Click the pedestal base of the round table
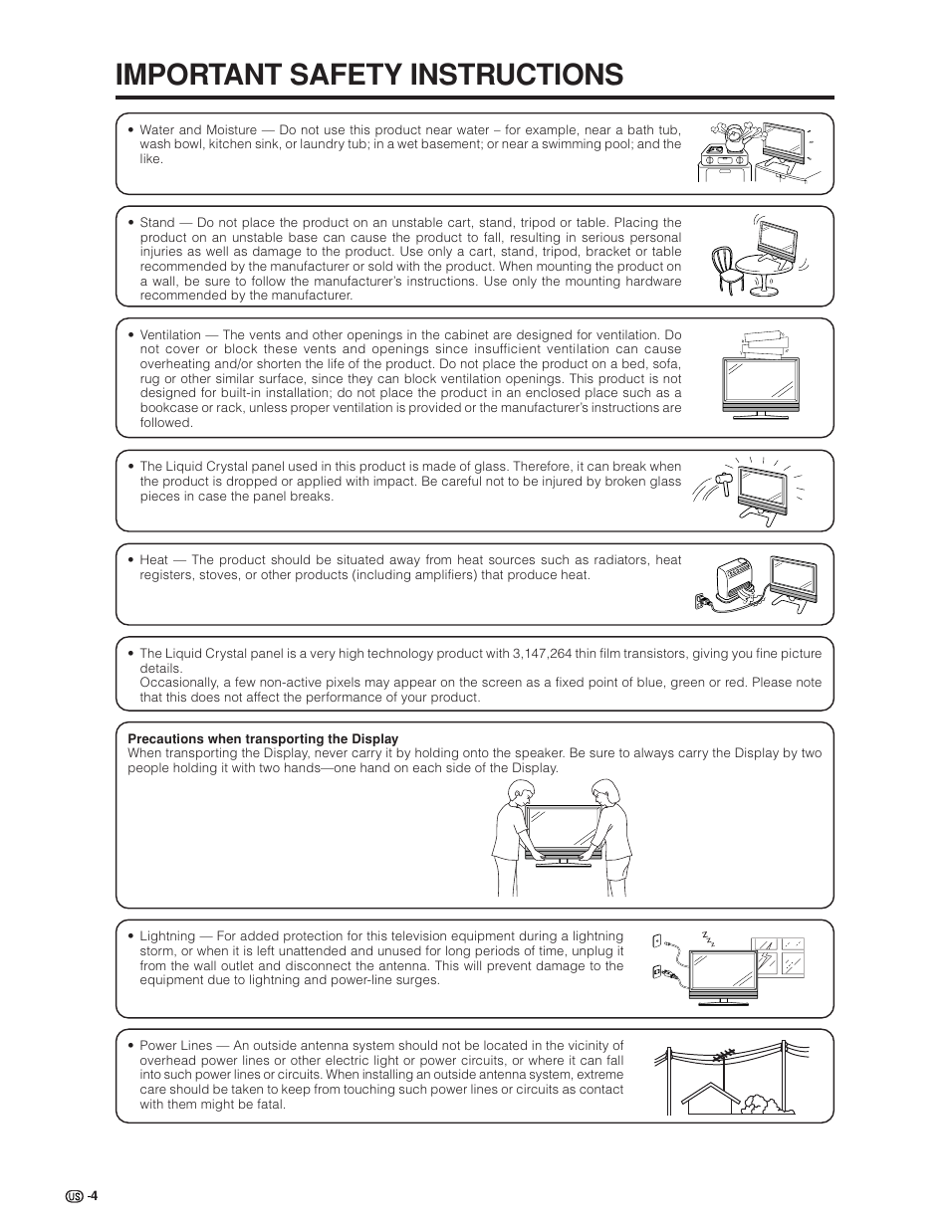(x=761, y=286)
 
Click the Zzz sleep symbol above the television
(x=709, y=937)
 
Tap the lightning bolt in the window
(x=767, y=959)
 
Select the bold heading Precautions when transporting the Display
(x=263, y=738)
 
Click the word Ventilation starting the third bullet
(x=170, y=335)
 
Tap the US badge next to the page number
(x=74, y=1195)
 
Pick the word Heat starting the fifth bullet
(x=153, y=560)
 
